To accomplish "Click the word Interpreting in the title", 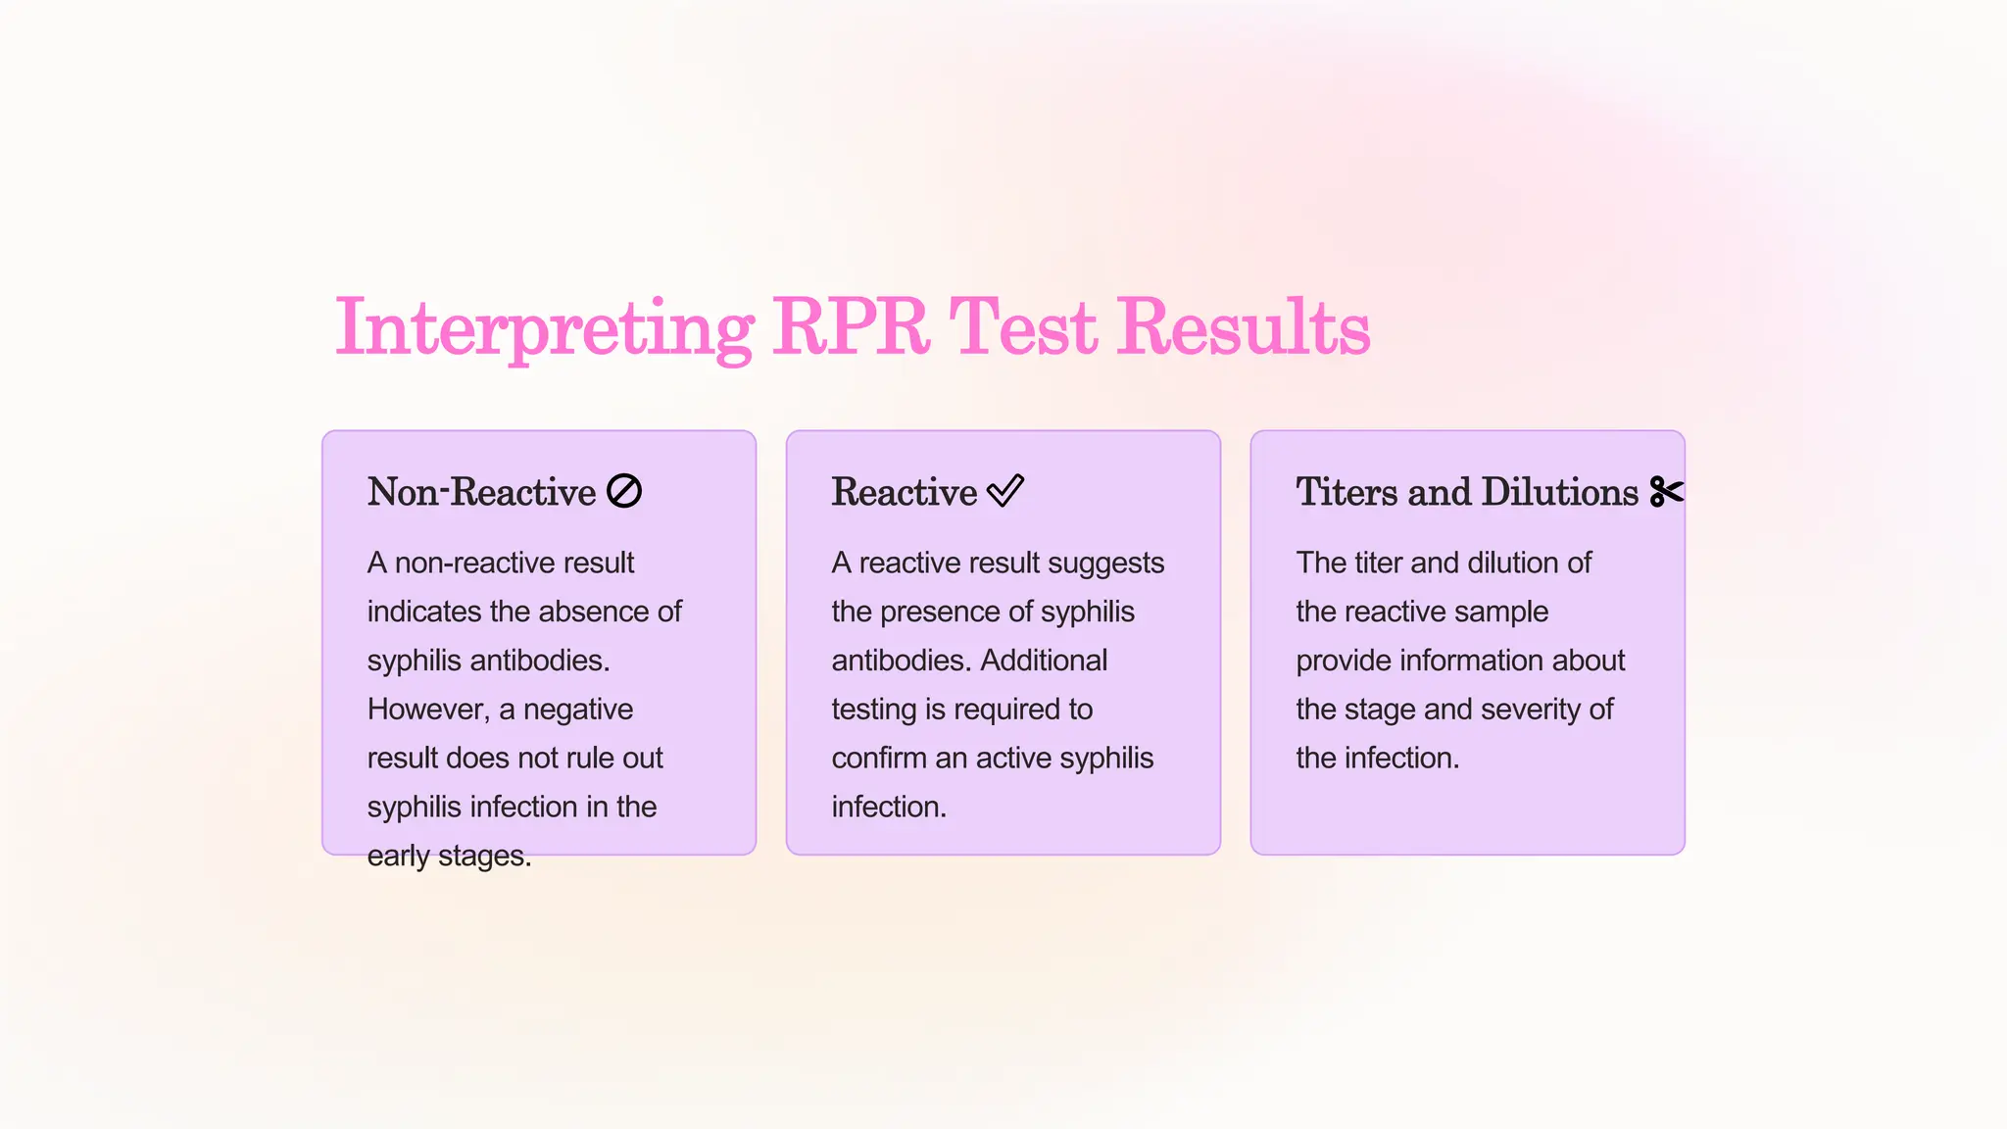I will point(544,328).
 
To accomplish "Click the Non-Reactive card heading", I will point(481,492).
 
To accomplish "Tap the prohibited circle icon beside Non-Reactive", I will point(624,491).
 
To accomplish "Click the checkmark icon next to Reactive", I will point(1005,490).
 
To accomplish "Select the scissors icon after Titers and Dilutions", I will point(1666,491).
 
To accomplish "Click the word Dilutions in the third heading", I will point(1559,492).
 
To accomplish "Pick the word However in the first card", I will point(427,710).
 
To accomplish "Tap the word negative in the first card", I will point(578,710).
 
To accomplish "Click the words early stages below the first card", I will point(449,857).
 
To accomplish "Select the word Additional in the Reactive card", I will point(1044,661).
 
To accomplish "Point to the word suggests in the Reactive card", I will point(1109,564).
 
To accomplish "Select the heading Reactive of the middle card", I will point(904,492).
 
